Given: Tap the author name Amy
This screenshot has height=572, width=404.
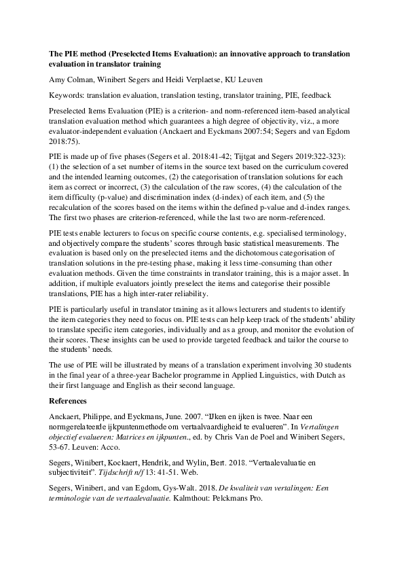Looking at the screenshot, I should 58,80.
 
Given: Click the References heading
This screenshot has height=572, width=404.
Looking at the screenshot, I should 70,400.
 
